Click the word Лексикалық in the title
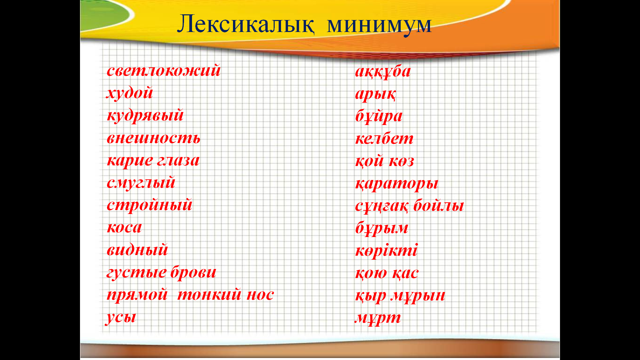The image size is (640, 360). point(245,24)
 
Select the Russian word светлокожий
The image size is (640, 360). point(164,71)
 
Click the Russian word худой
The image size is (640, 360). point(130,93)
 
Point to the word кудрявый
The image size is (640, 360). point(145,116)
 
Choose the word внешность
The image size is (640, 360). point(153,138)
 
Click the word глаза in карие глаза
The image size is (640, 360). point(178,161)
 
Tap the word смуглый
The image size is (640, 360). point(141,183)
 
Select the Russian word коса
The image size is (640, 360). point(124,228)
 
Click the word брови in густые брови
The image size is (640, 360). point(193,272)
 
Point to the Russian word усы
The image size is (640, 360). point(121,317)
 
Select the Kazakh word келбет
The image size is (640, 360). point(384,138)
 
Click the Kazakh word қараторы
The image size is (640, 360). point(397,184)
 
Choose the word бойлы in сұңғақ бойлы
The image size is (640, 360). point(439,205)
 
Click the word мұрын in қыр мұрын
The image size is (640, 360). point(418,296)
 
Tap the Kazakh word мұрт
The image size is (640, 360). point(378,318)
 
